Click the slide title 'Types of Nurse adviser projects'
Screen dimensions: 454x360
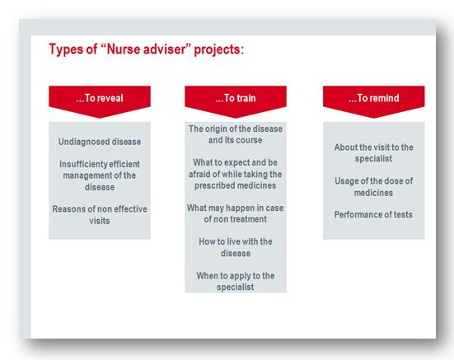[147, 49]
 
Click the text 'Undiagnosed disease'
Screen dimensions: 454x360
[100, 142]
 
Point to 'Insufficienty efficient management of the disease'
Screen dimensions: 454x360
[100, 175]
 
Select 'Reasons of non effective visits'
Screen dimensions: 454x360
[100, 215]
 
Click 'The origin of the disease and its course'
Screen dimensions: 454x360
[236, 134]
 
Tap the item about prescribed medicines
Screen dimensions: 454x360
[236, 174]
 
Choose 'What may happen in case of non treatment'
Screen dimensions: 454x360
[236, 213]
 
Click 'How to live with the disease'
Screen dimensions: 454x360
[236, 247]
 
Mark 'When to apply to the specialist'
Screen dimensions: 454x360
[236, 281]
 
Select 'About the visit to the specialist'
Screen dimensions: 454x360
[374, 152]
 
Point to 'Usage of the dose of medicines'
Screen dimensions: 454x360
[374, 187]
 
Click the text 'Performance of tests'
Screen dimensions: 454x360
[373, 215]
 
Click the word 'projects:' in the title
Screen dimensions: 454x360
[219, 49]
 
